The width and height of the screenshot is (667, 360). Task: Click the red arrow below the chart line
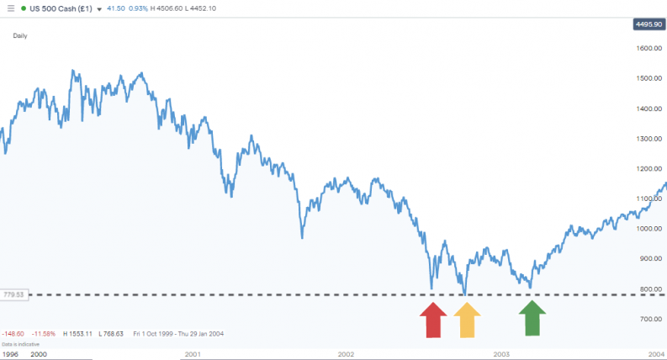click(433, 320)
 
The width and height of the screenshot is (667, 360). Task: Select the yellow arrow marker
click(468, 320)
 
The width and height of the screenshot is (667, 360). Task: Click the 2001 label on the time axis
click(192, 355)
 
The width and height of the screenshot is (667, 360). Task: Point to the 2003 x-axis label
click(501, 355)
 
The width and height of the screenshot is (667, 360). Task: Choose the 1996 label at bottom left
click(10, 355)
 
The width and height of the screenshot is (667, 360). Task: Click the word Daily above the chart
click(20, 35)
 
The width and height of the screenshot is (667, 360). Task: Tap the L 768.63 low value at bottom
click(112, 334)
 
